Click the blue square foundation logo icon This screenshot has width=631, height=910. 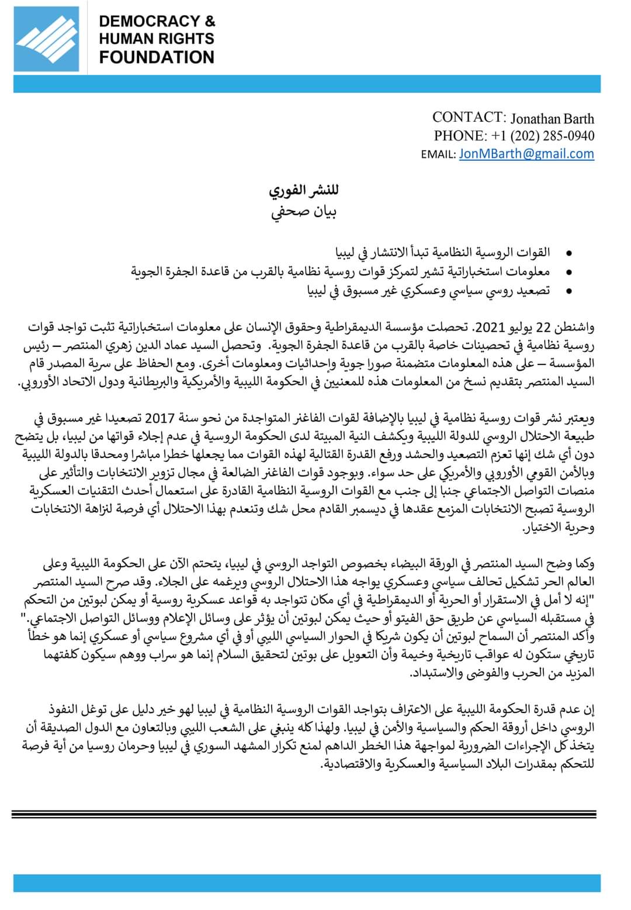pos(47,39)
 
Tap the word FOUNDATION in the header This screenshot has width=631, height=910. pos(157,57)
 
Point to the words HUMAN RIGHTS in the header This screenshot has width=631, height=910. pos(157,39)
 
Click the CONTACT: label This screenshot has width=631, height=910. pos(469,117)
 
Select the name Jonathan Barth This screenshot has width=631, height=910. pos(552,118)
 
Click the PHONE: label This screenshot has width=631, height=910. pos(460,136)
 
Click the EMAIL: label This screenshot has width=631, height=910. pos(438,154)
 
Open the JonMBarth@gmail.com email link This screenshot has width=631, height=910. pos(526,154)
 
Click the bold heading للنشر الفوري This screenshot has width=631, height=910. pos(304,191)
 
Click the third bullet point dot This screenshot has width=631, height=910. pos(567,291)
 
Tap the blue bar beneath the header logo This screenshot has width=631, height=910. pos(307,84)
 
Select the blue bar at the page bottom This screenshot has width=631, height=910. pos(307,883)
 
